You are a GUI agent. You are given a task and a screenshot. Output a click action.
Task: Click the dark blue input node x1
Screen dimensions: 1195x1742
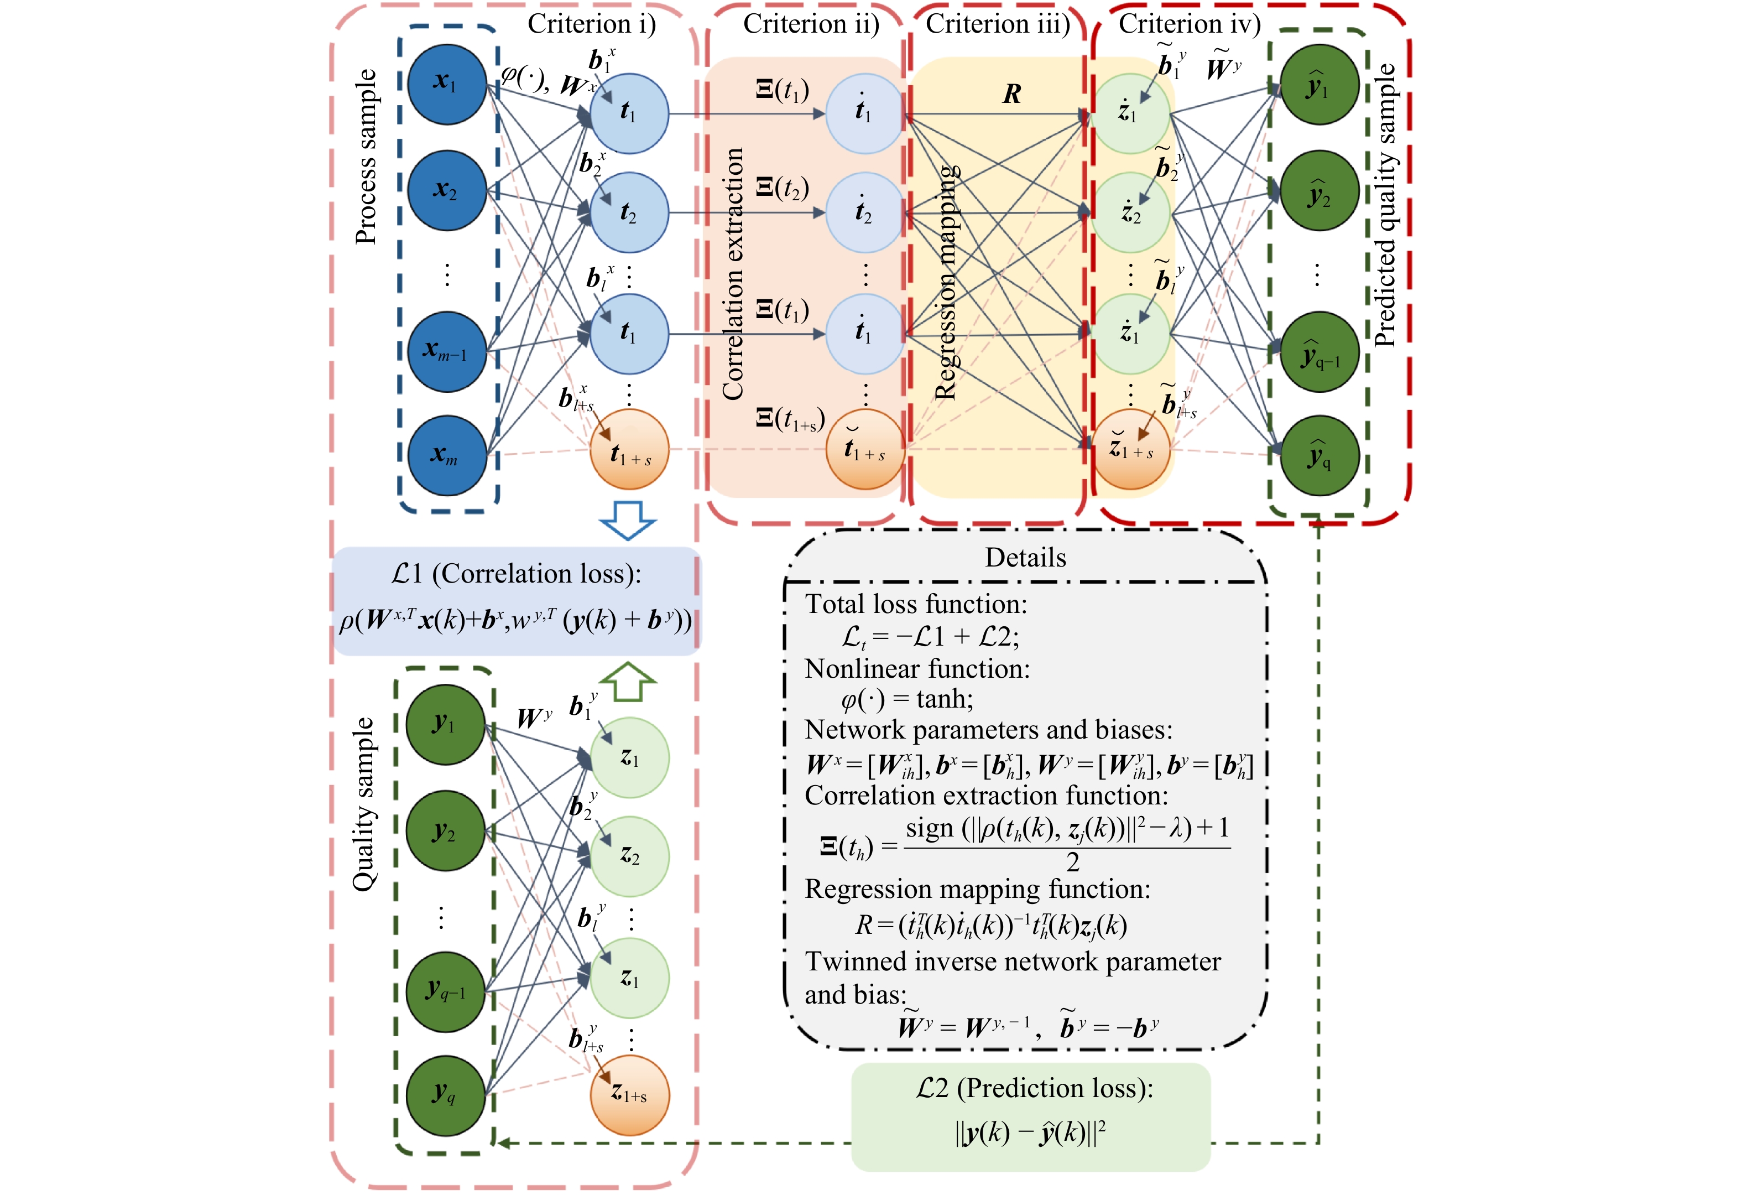click(447, 84)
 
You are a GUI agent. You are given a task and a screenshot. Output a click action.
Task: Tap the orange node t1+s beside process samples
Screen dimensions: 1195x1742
click(629, 450)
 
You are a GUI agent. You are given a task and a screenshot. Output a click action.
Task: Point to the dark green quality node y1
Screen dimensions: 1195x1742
click(445, 724)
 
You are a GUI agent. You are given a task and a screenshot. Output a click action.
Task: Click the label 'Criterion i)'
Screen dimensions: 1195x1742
click(591, 24)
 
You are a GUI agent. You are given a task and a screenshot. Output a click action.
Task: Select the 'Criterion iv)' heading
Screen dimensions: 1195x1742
click(1190, 24)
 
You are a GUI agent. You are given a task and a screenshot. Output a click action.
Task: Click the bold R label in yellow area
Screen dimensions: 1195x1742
click(1012, 93)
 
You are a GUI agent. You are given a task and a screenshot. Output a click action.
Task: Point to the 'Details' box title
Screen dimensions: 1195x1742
click(1025, 558)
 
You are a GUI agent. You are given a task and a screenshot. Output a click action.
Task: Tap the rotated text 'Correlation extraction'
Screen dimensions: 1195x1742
click(732, 274)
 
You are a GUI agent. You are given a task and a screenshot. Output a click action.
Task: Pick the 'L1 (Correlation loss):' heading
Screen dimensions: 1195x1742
click(516, 574)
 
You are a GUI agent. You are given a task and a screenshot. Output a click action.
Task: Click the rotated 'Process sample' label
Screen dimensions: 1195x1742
click(366, 156)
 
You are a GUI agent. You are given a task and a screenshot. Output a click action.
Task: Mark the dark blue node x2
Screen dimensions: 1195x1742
click(447, 190)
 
